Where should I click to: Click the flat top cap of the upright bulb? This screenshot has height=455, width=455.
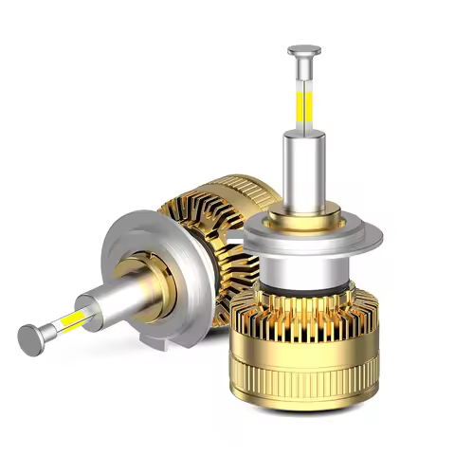[305, 48]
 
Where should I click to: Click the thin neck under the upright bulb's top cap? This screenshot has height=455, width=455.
[305, 70]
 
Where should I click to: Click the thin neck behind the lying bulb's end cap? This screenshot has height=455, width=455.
[47, 329]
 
